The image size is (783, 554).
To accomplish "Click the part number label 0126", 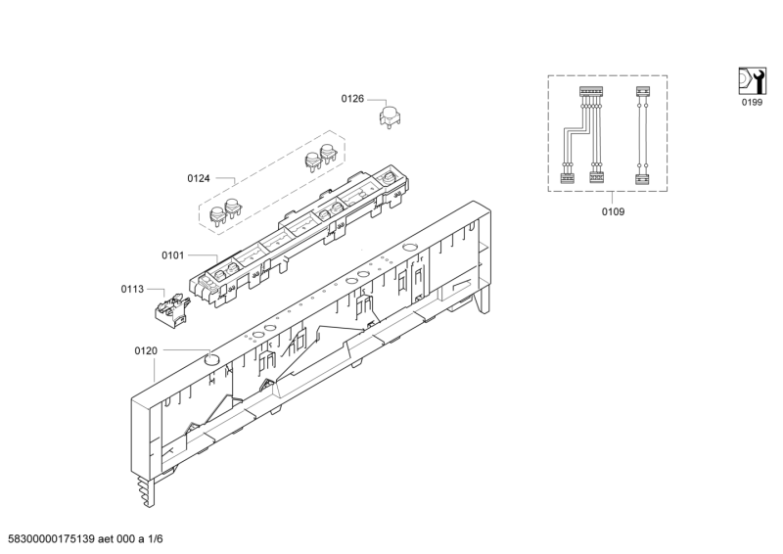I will [352, 99].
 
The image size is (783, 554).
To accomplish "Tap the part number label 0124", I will [199, 178].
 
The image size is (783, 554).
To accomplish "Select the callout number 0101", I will [173, 255].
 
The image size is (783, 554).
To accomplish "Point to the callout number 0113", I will [132, 290].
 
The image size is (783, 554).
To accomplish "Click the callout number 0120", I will [145, 350].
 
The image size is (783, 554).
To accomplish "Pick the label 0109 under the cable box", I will [613, 211].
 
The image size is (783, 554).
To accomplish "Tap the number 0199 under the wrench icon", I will [751, 102].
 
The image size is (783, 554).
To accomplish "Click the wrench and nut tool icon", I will [751, 79].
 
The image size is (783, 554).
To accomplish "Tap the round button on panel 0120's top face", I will [209, 359].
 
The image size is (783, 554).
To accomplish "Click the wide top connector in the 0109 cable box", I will [590, 92].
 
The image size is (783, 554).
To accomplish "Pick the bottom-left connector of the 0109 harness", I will [565, 178].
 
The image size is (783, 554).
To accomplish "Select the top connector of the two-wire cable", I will [643, 93].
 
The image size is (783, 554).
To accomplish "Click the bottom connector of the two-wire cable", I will [643, 178].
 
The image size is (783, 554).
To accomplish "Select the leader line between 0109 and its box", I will [613, 198].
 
